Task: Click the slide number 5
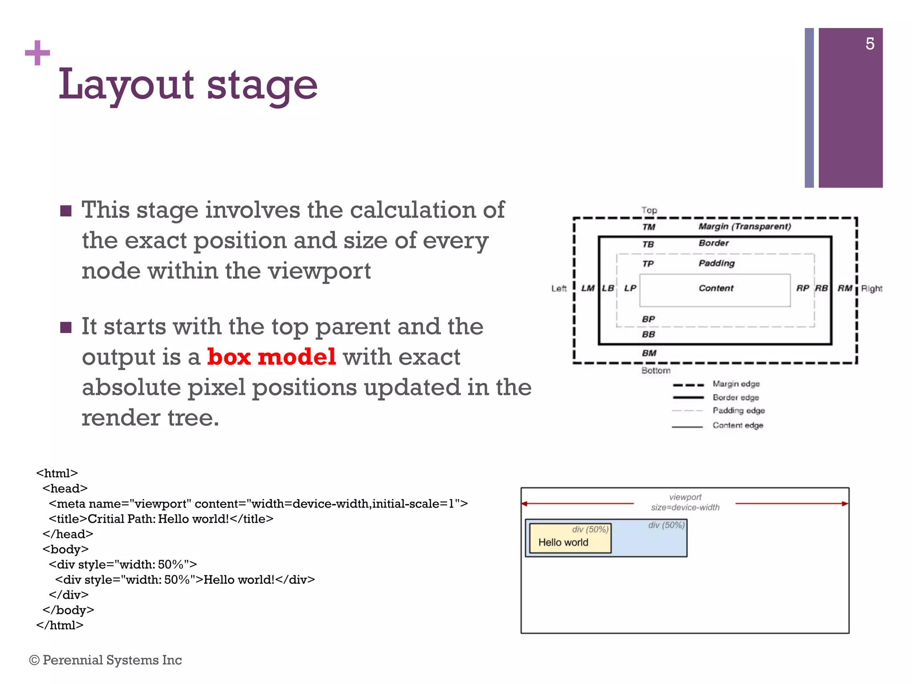870,44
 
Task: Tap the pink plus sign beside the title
37,53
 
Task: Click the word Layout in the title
126,85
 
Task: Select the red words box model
271,357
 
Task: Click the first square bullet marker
66,211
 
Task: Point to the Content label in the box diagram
716,288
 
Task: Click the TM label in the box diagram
649,227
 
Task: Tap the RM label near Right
845,288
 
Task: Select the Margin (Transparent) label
745,226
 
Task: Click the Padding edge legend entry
738,411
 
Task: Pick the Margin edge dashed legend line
688,385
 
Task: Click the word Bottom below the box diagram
655,370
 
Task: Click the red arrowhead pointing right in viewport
844,504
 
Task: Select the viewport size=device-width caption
685,502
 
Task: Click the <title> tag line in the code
161,519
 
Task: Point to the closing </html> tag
60,625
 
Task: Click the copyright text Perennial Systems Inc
106,660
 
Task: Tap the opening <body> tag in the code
65,549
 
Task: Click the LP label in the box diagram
630,288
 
